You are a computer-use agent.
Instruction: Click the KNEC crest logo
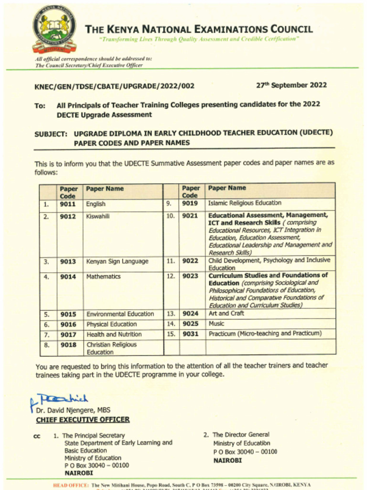tap(54, 29)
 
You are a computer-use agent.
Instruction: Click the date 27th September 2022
tap(291, 85)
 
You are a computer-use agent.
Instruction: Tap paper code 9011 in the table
tap(68, 204)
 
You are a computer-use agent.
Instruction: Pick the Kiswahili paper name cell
tap(98, 216)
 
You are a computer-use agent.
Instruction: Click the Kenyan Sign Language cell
tap(117, 262)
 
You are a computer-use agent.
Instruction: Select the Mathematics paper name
tap(103, 277)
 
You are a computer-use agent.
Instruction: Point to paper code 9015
tap(68, 314)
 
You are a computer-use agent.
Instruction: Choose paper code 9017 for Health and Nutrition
tap(68, 334)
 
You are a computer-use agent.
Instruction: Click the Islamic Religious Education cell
tap(245, 203)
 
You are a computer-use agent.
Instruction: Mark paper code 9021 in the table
tap(190, 216)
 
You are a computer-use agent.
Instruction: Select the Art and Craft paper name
tap(226, 313)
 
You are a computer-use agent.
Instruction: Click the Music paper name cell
tap(216, 324)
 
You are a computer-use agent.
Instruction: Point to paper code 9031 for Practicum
tap(190, 334)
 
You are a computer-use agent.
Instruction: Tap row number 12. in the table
tap(171, 276)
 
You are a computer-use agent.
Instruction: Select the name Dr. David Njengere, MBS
tap(73, 410)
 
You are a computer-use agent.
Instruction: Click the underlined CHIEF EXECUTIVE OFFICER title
tap(83, 420)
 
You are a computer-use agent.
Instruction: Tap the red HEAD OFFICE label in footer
tap(71, 485)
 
